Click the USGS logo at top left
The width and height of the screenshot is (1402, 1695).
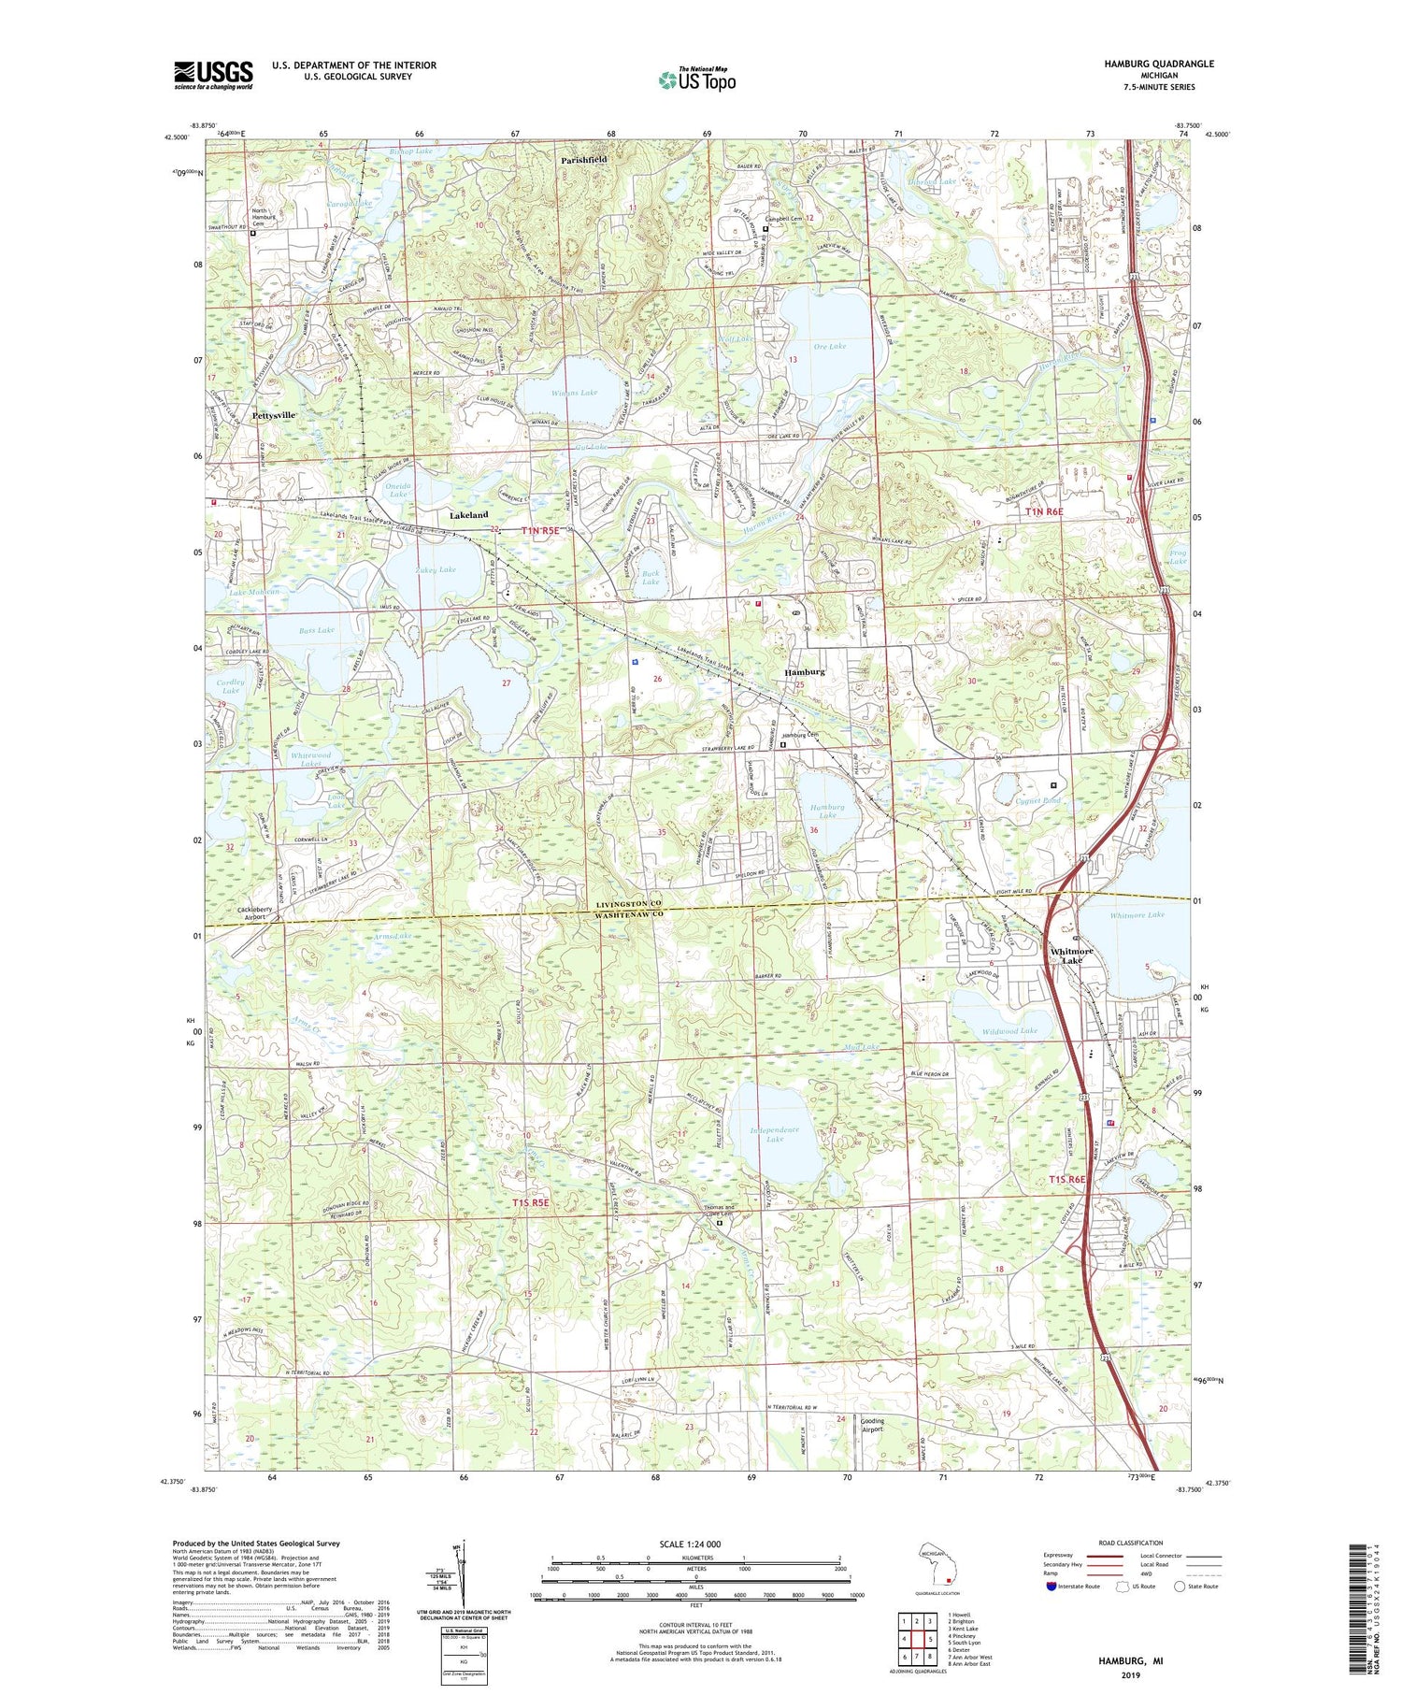tap(213, 75)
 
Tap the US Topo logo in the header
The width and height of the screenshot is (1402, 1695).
tap(696, 80)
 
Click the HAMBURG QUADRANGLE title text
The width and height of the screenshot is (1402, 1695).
tap(1159, 64)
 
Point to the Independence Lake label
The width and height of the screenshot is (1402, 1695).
tap(775, 1134)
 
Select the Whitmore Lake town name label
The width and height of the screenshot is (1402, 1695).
tap(1071, 955)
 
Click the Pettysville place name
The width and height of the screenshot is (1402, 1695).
tap(274, 414)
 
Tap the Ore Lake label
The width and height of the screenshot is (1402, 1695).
tap(829, 346)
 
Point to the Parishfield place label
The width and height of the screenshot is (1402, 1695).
tap(584, 161)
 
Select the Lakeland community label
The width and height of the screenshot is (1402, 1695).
tap(468, 515)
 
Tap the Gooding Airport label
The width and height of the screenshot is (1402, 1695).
tap(871, 1424)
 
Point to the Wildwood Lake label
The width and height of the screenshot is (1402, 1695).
tap(1009, 1030)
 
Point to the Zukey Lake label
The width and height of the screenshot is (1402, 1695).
tap(435, 569)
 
